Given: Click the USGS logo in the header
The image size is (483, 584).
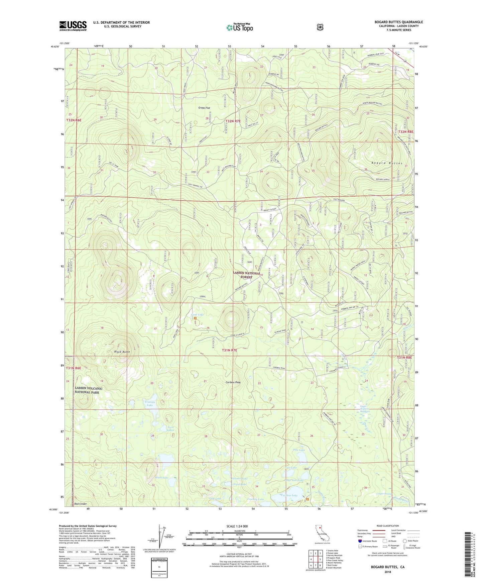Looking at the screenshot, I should click(73, 26).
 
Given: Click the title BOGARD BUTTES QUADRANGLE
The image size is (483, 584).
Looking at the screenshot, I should click(398, 22).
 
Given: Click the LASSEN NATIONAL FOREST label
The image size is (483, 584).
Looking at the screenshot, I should click(247, 275).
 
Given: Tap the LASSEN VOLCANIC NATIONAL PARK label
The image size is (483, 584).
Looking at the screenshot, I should click(89, 390).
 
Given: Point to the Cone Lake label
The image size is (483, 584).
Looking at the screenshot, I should click(197, 315).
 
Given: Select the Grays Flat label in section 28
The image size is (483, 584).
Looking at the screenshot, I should click(204, 108).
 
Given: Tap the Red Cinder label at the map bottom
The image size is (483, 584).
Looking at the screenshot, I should click(81, 504).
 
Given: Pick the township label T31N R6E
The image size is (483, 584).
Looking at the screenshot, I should click(73, 368).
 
